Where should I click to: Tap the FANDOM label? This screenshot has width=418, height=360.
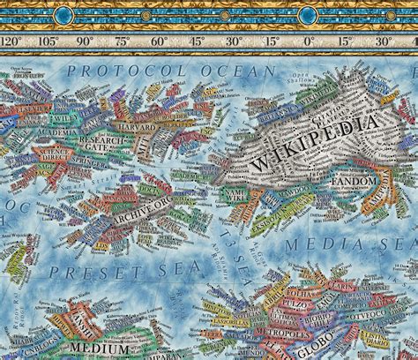tap(355, 182)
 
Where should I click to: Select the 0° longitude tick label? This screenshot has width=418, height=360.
tap(309, 41)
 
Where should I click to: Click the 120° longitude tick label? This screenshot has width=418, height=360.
tap(11, 41)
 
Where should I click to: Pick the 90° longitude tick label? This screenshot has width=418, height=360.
tap(85, 41)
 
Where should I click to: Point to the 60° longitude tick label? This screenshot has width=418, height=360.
tap(159, 41)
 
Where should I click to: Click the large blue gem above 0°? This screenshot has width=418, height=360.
tap(309, 14)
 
